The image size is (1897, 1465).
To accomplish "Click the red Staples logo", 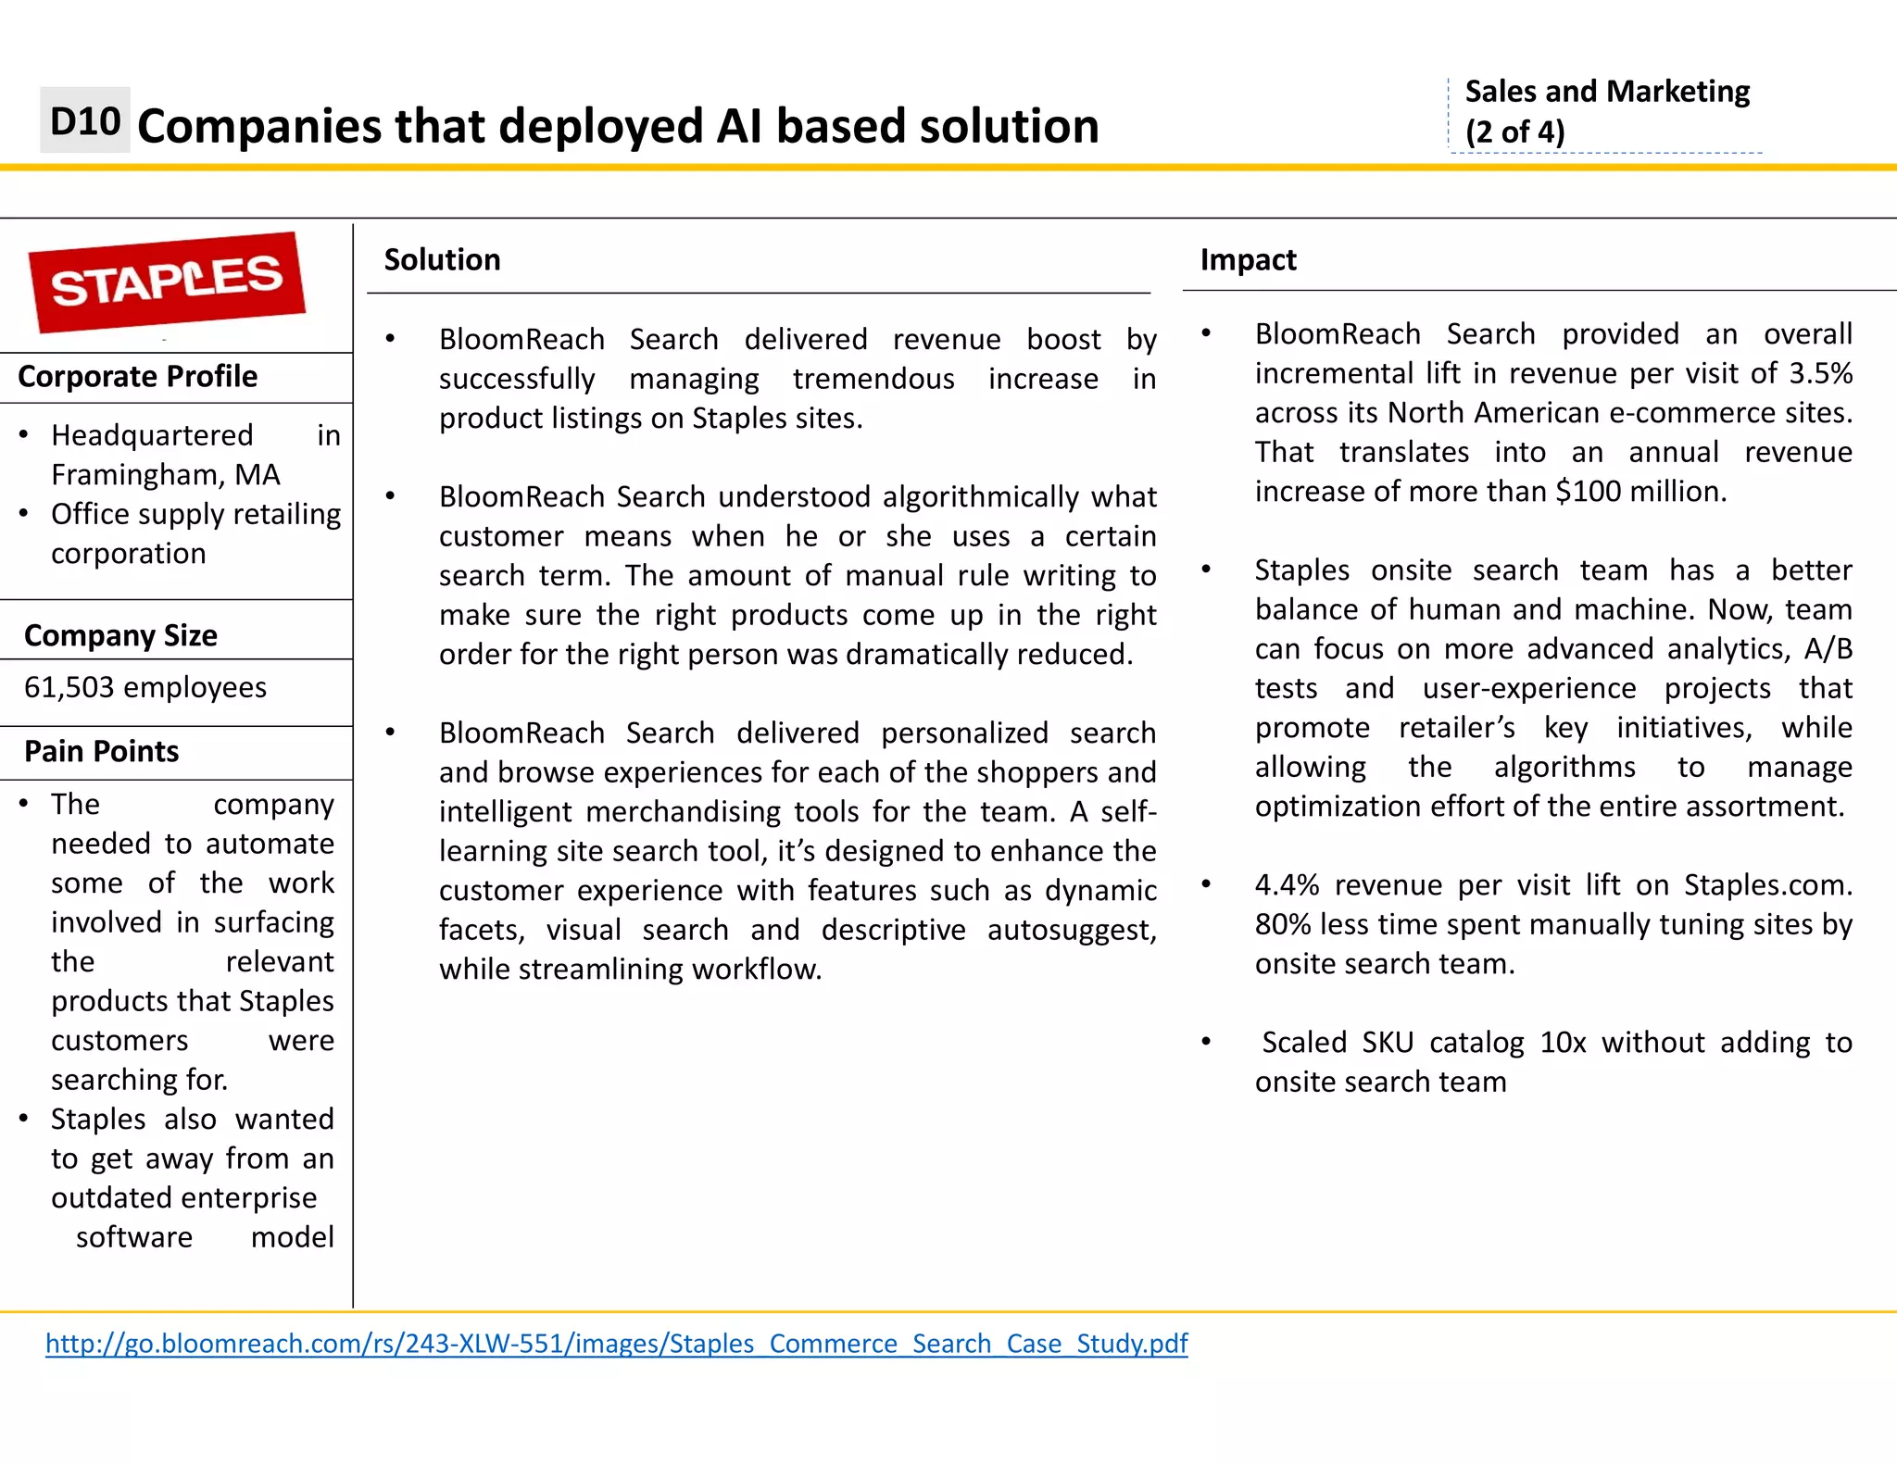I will coord(167,282).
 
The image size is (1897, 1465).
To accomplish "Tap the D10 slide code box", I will coord(85,121).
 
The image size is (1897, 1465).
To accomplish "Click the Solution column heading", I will coord(442,260).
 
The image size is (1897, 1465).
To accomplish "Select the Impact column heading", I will coord(1248,260).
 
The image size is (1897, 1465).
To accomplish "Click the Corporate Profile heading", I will coord(137,377).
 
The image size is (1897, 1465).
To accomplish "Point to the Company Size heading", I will coord(120,636).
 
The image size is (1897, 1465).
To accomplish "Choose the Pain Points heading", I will coord(101,752).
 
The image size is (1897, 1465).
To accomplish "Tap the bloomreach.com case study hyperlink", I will coord(616,1344).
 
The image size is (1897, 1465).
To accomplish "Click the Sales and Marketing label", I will coord(1607,92).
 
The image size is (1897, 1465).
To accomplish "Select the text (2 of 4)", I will coord(1514,131).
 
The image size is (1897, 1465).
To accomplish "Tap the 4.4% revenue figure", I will coord(1287,885).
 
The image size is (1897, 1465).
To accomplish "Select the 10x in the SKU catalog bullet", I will coord(1563,1043).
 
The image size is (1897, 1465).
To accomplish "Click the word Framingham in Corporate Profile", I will coord(129,475).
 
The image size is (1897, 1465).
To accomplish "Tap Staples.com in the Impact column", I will coord(1766,885).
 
